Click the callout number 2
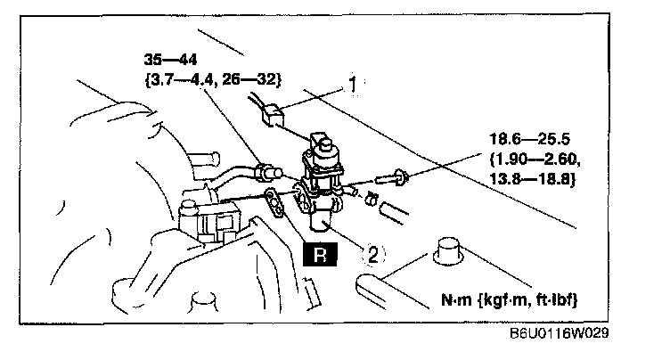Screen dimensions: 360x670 point(374,254)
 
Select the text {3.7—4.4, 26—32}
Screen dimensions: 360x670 point(213,79)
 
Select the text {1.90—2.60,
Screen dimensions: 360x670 point(533,160)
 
